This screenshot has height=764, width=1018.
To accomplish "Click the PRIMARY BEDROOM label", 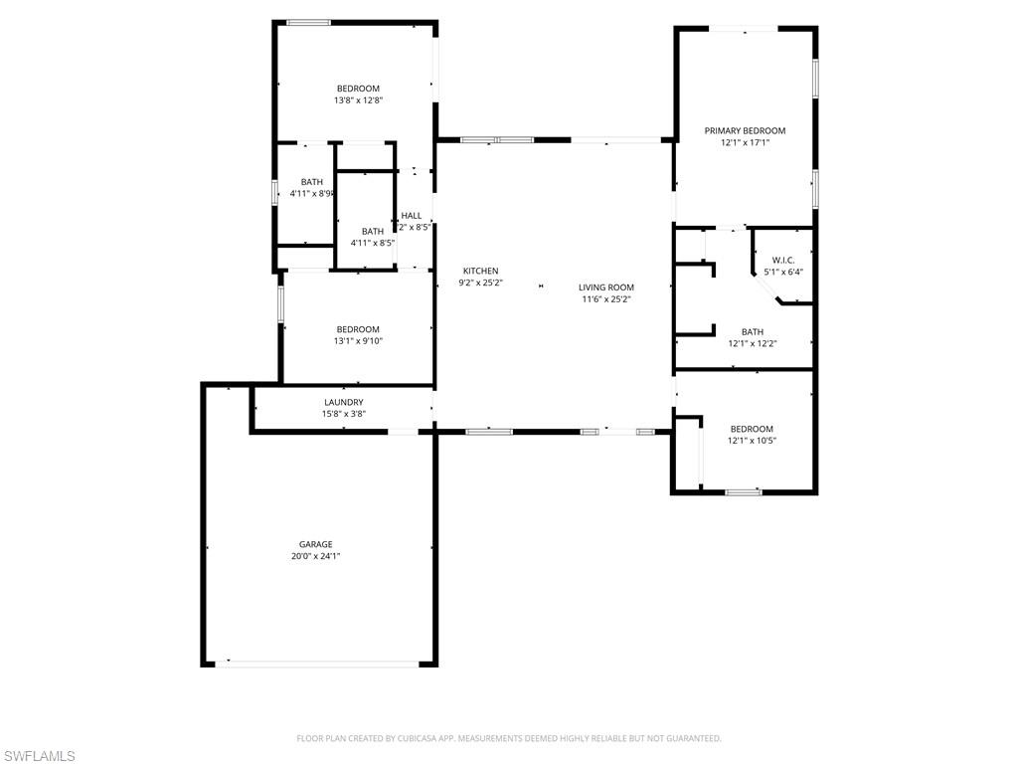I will coord(745,130).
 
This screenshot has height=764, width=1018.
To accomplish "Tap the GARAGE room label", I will coord(316,544).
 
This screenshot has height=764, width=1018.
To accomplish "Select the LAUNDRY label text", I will coord(343,402).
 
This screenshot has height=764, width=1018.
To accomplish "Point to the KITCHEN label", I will coord(480,271).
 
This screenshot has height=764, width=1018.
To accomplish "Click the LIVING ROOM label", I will coord(606,287).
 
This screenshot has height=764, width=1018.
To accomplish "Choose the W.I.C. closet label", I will coord(783,260).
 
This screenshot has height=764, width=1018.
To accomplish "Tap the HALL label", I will coord(412,215).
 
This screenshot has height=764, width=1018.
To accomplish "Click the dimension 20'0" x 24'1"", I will coord(316,557).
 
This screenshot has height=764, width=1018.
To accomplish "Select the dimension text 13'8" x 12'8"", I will coord(358,100).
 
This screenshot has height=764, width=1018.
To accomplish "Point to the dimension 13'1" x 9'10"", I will coord(358,341).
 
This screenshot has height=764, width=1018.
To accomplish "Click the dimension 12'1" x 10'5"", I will coord(752,441).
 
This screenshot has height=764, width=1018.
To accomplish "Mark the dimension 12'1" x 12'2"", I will coord(752,344).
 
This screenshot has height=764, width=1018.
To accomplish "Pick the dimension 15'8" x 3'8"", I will coord(343,414).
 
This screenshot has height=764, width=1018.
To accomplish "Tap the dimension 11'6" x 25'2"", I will coord(606,299).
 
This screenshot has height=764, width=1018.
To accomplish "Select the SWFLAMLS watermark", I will coord(39,756).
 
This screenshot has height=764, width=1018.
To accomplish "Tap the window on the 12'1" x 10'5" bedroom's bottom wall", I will coord(744,491).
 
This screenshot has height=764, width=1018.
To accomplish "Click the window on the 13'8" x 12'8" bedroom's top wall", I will coord(309,22).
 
